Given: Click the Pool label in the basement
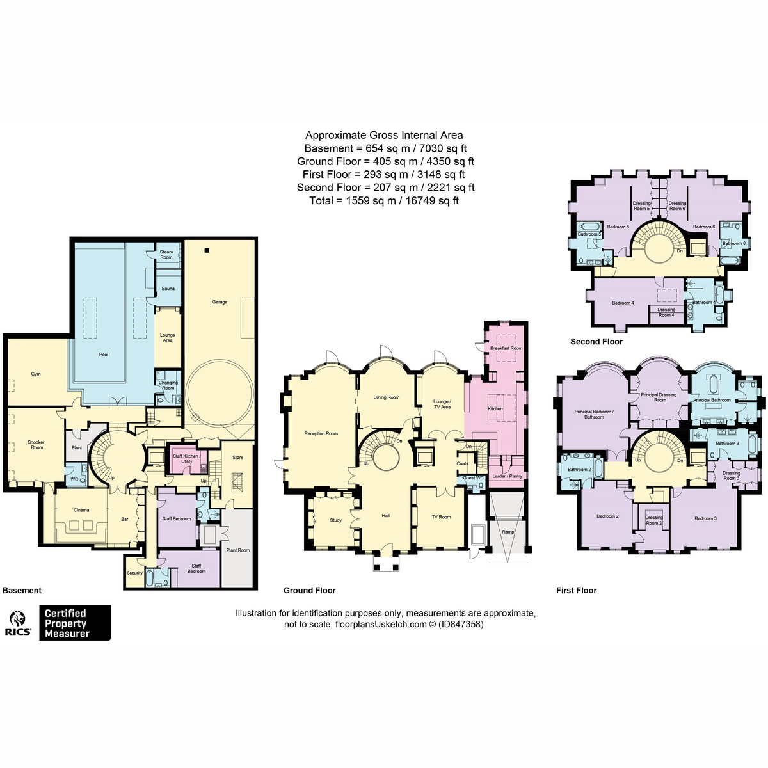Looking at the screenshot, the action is pyautogui.click(x=104, y=355).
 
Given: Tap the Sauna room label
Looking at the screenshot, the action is pyautogui.click(x=168, y=288).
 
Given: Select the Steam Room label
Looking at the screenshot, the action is pyautogui.click(x=166, y=254).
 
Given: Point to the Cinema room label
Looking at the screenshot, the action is pyautogui.click(x=81, y=510).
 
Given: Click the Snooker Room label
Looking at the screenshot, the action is pyautogui.click(x=36, y=445).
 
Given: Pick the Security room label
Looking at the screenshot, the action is pyautogui.click(x=134, y=573).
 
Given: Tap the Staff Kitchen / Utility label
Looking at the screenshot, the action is pyautogui.click(x=186, y=459).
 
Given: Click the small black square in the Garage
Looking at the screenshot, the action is pyautogui.click(x=207, y=250).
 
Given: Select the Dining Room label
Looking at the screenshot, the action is pyautogui.click(x=386, y=397).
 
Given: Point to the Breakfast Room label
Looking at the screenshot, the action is pyautogui.click(x=506, y=348).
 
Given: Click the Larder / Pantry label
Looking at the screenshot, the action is pyautogui.click(x=508, y=476).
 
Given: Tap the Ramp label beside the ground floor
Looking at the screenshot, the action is pyautogui.click(x=508, y=532).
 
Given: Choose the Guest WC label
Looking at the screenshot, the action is pyautogui.click(x=473, y=478).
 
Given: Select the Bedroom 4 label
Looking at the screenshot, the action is pyautogui.click(x=623, y=303).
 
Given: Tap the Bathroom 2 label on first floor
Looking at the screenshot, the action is pyautogui.click(x=579, y=470).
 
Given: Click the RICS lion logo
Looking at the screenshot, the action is pyautogui.click(x=17, y=619).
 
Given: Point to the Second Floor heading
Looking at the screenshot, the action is pyautogui.click(x=596, y=342).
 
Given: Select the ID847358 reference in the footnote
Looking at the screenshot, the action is pyautogui.click(x=461, y=624).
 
